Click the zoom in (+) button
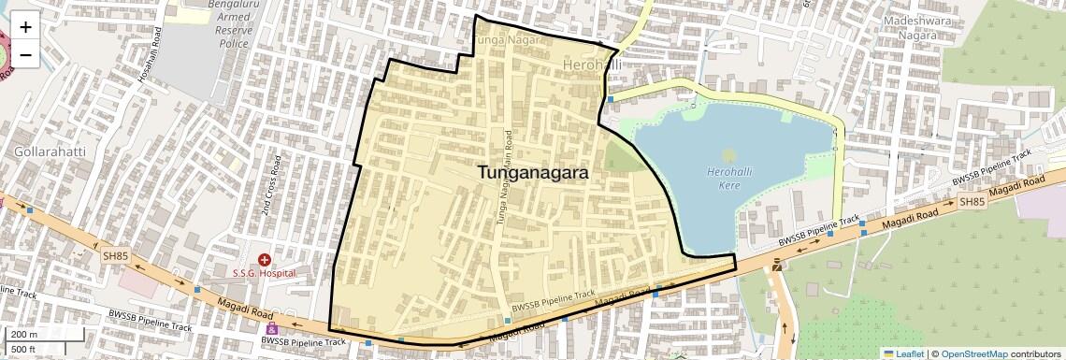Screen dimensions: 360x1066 pyautogui.click(x=25, y=26)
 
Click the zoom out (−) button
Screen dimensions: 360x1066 pyautogui.click(x=25, y=54)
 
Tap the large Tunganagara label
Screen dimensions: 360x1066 pyautogui.click(x=533, y=173)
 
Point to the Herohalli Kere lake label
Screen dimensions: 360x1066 pyautogui.click(x=730, y=176)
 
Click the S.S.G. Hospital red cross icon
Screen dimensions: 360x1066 pyautogui.click(x=265, y=259)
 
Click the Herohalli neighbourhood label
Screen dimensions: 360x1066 pyautogui.click(x=593, y=65)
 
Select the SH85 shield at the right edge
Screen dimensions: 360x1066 pyautogui.click(x=972, y=201)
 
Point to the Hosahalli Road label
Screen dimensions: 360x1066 pyautogui.click(x=151, y=58)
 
